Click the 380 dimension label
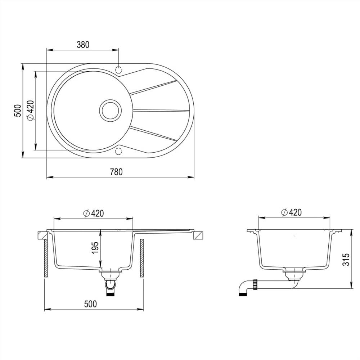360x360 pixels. [83, 44]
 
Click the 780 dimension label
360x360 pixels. [117, 172]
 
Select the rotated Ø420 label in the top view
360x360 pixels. [30, 110]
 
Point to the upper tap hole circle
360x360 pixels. [118, 69]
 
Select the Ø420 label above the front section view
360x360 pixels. [93, 213]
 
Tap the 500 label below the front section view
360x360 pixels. [90, 304]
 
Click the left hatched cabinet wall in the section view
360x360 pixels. [46, 258]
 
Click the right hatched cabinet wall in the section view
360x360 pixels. [141, 258]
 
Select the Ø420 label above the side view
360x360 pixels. [291, 212]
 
